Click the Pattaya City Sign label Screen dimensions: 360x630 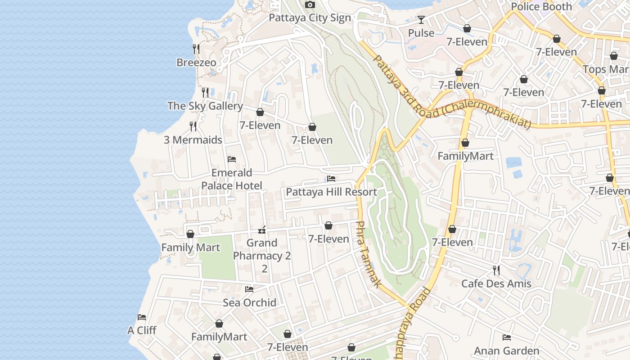(310, 18)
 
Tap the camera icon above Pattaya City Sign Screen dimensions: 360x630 (310, 5)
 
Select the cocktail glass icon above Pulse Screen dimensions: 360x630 (421, 20)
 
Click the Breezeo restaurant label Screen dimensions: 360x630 (196, 63)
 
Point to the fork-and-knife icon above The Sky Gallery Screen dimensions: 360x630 (205, 92)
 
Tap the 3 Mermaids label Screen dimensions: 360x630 (193, 140)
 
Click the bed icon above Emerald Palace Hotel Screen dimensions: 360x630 (232, 159)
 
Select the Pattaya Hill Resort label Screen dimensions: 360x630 (331, 192)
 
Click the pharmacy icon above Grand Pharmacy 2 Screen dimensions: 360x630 (262, 230)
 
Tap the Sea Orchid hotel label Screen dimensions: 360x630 (249, 303)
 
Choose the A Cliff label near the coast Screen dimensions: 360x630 (142, 331)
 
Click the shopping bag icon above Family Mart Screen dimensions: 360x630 (190, 234)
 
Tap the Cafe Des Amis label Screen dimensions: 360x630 (496, 284)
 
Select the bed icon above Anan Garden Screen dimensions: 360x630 (507, 337)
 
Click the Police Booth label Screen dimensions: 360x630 (541, 7)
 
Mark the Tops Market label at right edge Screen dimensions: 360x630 (606, 69)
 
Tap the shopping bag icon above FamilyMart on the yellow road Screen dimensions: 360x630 (465, 143)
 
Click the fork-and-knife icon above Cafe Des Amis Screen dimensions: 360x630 (496, 270)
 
